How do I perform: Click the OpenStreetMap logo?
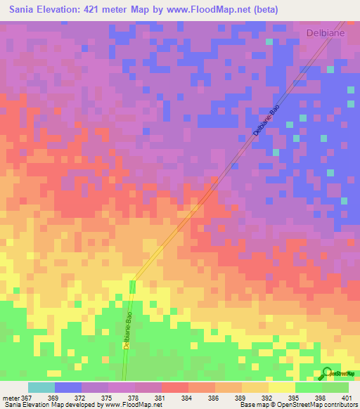point(337,373)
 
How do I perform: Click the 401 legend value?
point(347,397)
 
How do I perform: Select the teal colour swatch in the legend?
point(41,387)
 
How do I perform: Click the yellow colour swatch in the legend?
point(281,387)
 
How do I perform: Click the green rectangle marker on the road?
point(132,287)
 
